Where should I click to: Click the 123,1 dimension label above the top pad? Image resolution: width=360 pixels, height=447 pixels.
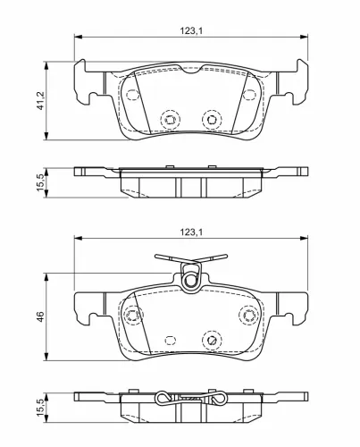(x=191, y=30)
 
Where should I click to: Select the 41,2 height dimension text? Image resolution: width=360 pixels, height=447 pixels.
(x=40, y=100)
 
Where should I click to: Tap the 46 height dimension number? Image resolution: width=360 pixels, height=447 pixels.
(x=40, y=316)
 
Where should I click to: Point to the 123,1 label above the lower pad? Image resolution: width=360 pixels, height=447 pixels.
(x=191, y=232)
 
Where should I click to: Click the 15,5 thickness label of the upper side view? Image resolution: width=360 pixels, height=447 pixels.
(x=40, y=182)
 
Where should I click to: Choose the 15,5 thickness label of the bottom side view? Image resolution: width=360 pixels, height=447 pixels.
(x=40, y=408)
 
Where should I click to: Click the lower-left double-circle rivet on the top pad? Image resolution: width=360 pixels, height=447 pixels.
(x=170, y=120)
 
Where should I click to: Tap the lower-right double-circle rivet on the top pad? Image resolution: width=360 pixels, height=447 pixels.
(x=212, y=120)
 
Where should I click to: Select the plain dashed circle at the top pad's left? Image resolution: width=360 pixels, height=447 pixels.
(x=132, y=95)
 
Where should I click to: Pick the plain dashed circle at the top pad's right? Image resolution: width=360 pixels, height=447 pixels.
(x=249, y=95)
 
